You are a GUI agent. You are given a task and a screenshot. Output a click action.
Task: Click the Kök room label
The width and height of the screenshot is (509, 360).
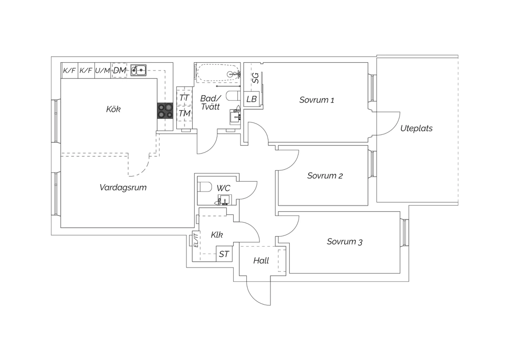[113, 109]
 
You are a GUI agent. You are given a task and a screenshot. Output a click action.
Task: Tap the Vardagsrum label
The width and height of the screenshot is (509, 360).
[123, 187]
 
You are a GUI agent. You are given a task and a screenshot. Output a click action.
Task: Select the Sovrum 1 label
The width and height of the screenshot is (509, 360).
[317, 100]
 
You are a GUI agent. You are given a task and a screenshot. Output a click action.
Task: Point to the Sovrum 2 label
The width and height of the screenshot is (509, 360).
[325, 176]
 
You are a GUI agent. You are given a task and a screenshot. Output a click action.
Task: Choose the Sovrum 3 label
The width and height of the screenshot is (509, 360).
[344, 241]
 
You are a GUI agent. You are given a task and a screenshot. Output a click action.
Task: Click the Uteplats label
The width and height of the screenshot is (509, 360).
[416, 128]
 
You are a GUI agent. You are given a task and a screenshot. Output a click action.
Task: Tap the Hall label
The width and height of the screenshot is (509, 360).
[261, 260]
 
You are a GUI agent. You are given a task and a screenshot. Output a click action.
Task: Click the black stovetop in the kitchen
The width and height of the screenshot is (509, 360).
[165, 110]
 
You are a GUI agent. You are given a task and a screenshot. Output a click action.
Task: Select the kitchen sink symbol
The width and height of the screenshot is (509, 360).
[138, 70]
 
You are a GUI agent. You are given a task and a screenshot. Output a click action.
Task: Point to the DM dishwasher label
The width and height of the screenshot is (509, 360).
[119, 70]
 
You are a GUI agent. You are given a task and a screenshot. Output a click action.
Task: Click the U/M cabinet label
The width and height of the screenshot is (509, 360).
[102, 71]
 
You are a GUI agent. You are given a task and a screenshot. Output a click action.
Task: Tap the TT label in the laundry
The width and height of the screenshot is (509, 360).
[184, 98]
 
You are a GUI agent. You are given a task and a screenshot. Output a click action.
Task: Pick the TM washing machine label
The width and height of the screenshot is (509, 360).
[185, 113]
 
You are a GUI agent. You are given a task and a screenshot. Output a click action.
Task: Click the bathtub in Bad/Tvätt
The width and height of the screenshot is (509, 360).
[218, 73]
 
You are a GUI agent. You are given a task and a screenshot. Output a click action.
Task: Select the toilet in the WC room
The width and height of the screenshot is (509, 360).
[205, 187]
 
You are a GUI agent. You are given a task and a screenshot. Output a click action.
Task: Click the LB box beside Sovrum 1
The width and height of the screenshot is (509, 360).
[251, 99]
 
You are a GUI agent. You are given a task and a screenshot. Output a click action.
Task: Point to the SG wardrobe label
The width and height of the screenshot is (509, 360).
[256, 78]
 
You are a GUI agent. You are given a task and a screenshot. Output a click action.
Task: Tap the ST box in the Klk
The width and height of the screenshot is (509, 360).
[224, 254]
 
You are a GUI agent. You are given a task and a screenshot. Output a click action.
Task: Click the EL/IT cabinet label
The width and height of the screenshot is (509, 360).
[196, 239]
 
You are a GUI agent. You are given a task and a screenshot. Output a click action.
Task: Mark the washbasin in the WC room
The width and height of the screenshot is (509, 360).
[224, 200]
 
